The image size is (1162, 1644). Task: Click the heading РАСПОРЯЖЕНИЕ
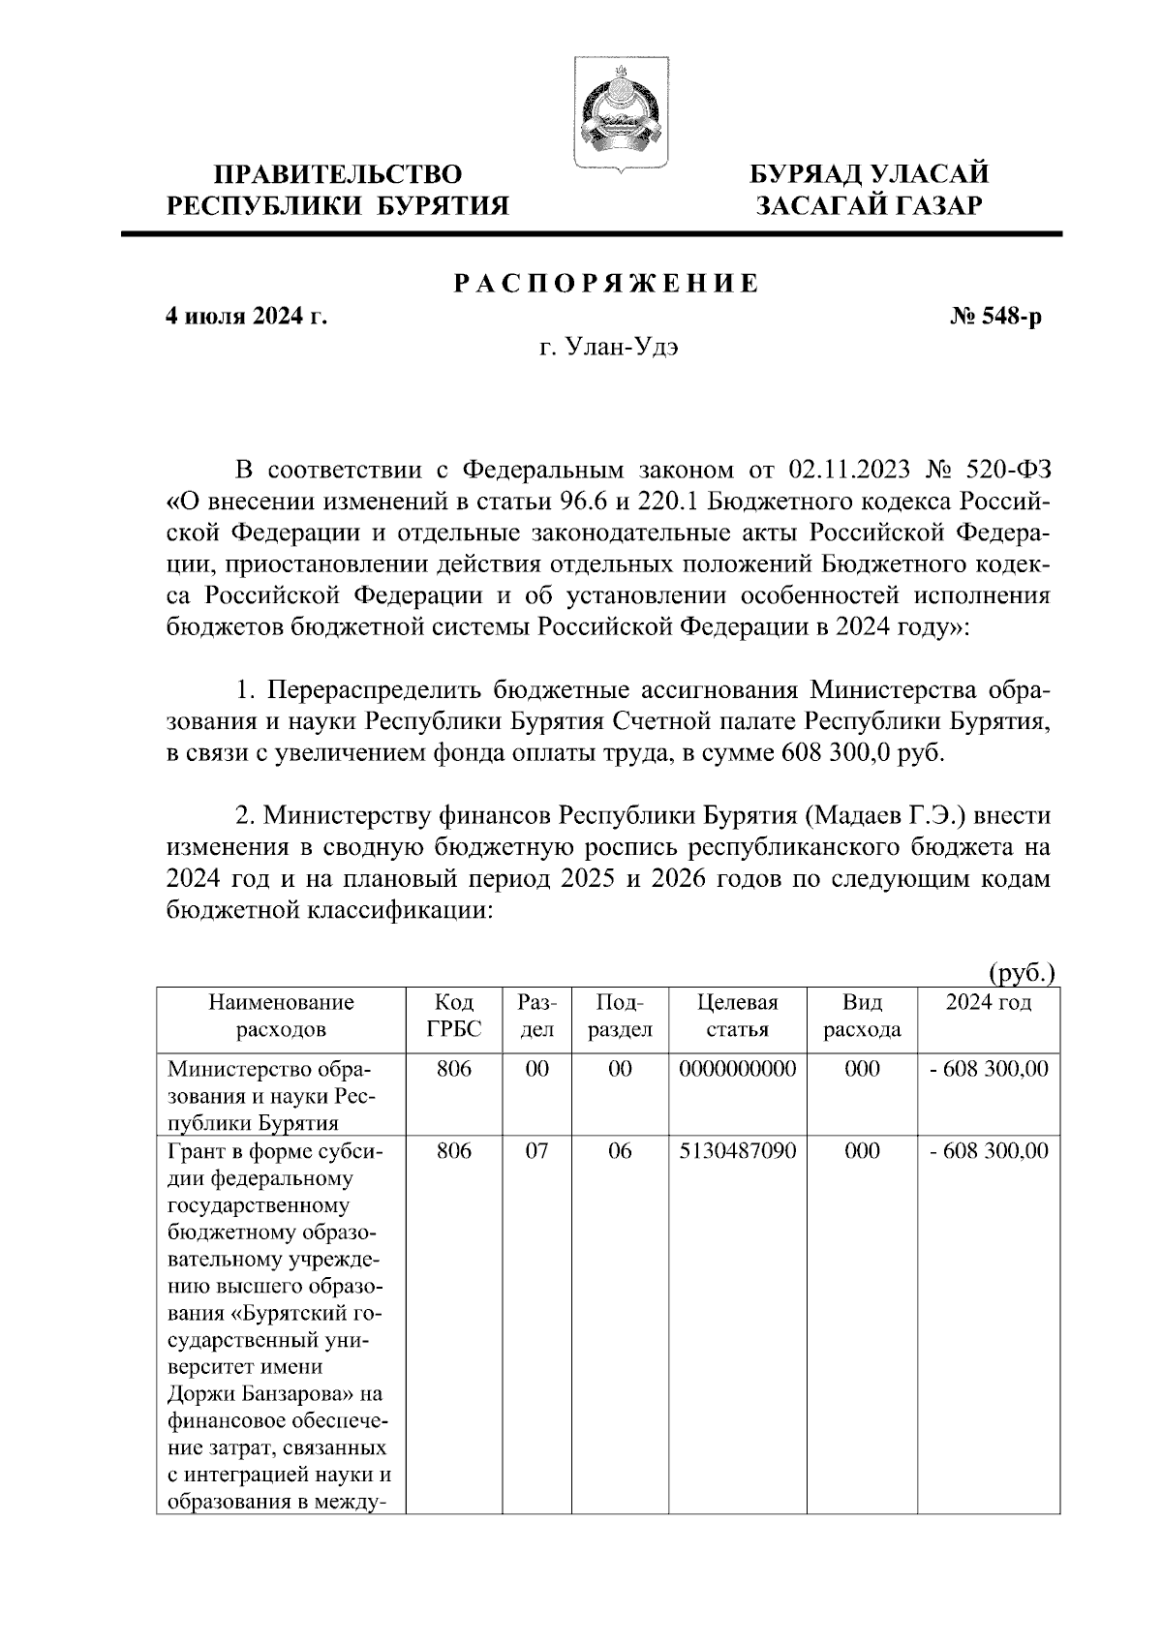pos(607,285)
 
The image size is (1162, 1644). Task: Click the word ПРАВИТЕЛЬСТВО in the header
pos(338,174)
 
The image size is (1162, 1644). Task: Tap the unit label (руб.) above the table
pos(1021,973)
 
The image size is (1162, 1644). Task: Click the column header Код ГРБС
pos(454,1016)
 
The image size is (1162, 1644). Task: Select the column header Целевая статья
pos(738,1016)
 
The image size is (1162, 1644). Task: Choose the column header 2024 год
pos(989,1003)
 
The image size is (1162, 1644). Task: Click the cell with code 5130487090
pos(738,1151)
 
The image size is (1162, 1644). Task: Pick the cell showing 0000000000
pos(738,1069)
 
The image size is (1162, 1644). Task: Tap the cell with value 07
pos(536,1151)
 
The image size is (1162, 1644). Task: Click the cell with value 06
pos(620,1151)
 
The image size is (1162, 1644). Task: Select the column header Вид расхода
pos(862,1016)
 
